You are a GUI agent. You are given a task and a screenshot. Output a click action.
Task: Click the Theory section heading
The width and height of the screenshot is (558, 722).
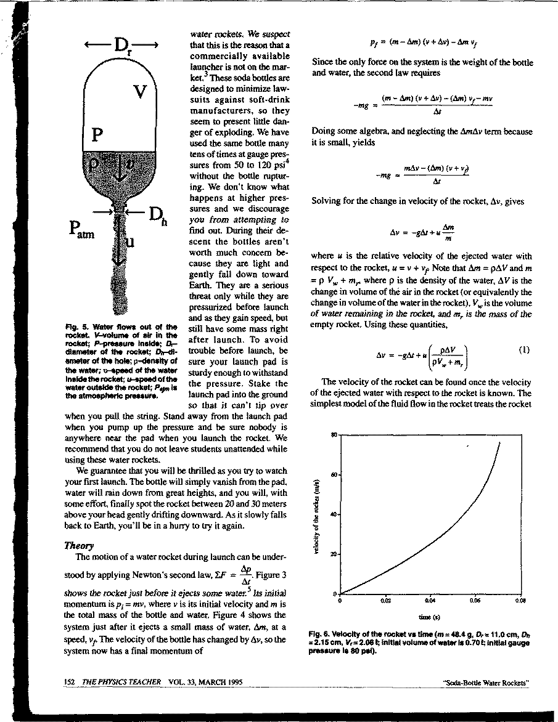[x=79, y=545]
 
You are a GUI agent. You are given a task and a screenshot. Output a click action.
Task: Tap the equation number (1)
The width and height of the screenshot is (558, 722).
[x=523, y=351]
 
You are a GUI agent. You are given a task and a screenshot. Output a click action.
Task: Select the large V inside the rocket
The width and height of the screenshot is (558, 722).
[x=141, y=93]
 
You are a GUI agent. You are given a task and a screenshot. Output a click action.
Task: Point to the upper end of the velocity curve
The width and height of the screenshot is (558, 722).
[x=499, y=442]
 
